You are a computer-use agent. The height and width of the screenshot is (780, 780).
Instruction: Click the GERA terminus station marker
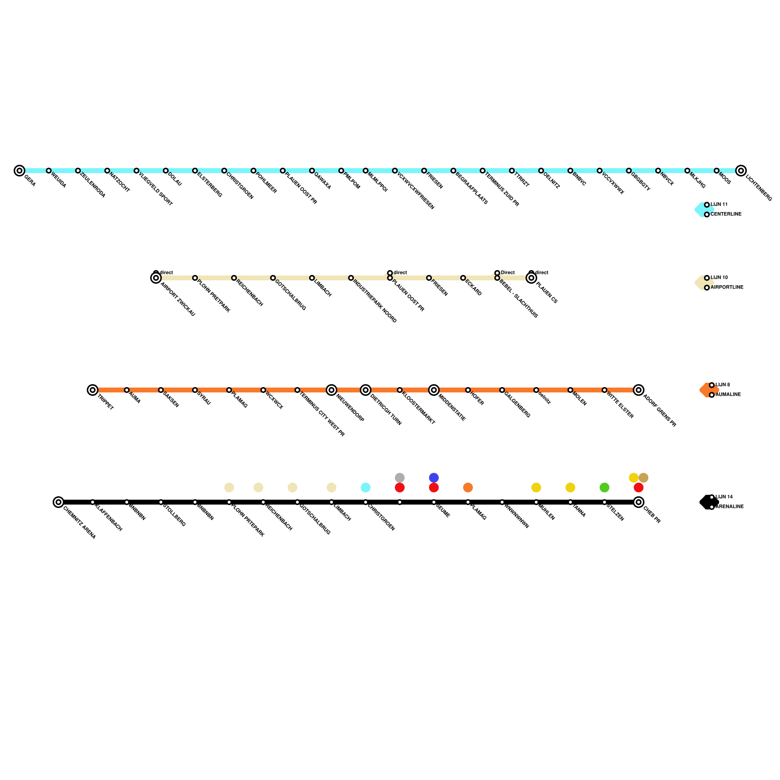tap(19, 171)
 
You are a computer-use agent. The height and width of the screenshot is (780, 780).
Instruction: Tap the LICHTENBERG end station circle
tap(741, 171)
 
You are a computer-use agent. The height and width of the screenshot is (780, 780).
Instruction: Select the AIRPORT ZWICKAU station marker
tap(156, 278)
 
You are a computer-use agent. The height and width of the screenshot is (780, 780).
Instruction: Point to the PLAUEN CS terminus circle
tap(531, 278)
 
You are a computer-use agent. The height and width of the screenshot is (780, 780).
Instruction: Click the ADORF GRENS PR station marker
tap(639, 390)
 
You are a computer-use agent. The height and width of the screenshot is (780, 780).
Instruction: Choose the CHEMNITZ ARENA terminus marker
tap(58, 502)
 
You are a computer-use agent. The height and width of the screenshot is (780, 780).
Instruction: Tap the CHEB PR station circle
tap(639, 502)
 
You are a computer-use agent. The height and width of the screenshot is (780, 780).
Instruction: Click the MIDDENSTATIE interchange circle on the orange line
tap(434, 390)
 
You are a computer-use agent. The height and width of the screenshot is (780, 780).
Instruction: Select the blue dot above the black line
tap(434, 478)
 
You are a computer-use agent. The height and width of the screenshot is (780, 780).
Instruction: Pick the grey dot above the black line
tap(400, 478)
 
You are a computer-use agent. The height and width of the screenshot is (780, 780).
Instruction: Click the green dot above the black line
tap(604, 487)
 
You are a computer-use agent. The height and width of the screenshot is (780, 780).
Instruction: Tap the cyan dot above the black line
tap(366, 487)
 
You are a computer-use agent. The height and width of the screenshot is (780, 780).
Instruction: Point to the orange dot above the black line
tap(468, 487)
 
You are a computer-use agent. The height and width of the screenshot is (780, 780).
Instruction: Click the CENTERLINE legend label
tap(726, 214)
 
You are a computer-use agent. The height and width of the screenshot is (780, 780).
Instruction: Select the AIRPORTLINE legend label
tap(727, 288)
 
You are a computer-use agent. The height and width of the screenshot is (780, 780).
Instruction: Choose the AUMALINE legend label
tap(728, 395)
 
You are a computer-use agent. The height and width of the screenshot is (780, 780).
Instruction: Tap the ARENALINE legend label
tap(729, 507)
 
